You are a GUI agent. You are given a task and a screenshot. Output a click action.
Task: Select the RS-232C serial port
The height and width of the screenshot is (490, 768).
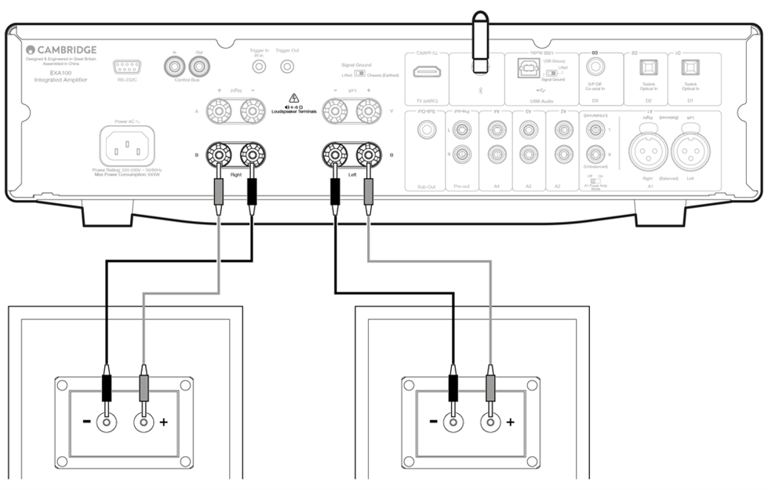click(x=126, y=67)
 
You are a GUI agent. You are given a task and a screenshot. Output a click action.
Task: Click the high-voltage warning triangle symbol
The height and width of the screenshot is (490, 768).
click(x=294, y=98)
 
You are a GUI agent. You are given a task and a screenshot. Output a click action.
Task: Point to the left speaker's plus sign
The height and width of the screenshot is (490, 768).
click(x=163, y=423)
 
